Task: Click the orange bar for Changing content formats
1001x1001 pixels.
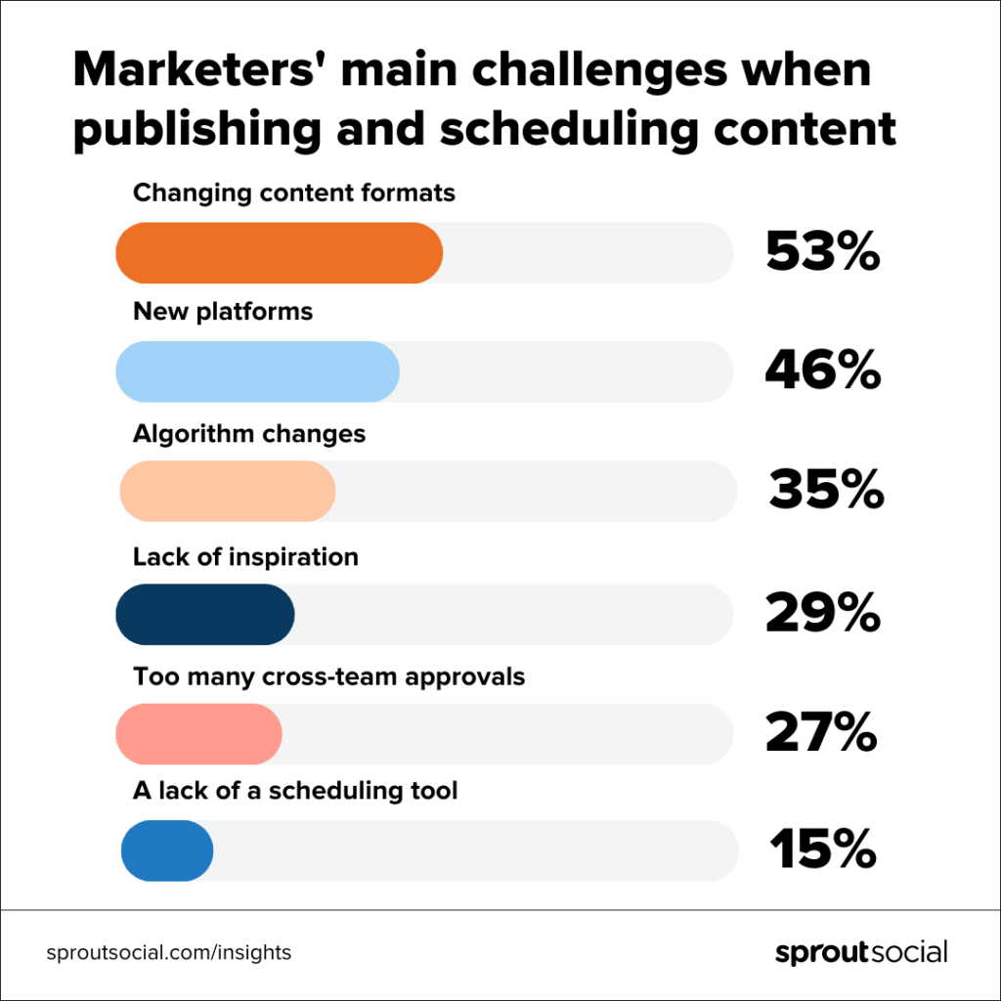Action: (x=279, y=253)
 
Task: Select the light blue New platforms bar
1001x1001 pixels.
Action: (x=257, y=371)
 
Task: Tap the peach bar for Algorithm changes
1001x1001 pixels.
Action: (x=228, y=491)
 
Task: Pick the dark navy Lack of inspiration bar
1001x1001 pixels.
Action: (x=205, y=614)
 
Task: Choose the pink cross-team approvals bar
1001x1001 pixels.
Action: (x=198, y=733)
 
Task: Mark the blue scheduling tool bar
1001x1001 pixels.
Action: (x=167, y=850)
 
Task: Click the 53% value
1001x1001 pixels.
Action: (x=822, y=253)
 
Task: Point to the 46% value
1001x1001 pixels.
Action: (x=822, y=371)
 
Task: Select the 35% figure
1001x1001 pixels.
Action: (x=826, y=491)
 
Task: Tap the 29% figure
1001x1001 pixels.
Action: (x=822, y=614)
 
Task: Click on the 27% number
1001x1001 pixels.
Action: (x=820, y=733)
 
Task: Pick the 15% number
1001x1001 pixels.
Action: (x=822, y=850)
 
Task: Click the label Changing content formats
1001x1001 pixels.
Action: (x=294, y=193)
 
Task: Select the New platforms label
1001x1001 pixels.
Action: (x=223, y=312)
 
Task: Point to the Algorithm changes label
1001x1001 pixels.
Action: (x=249, y=433)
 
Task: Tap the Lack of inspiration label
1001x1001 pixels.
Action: (x=245, y=557)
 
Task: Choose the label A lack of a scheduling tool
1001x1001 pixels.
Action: (x=295, y=790)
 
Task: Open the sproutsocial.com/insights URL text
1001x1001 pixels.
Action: (x=169, y=952)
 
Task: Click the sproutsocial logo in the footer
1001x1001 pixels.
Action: (x=861, y=952)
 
